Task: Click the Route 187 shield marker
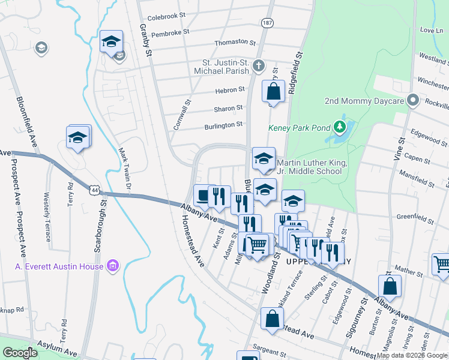pos(267,23)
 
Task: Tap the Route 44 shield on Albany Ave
pos(94,190)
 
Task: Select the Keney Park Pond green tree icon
pos(340,127)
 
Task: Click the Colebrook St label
pos(167,18)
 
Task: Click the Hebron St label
pos(229,90)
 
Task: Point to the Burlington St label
pos(223,125)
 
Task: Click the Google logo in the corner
pos(20,353)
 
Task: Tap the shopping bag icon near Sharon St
pos(274,93)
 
